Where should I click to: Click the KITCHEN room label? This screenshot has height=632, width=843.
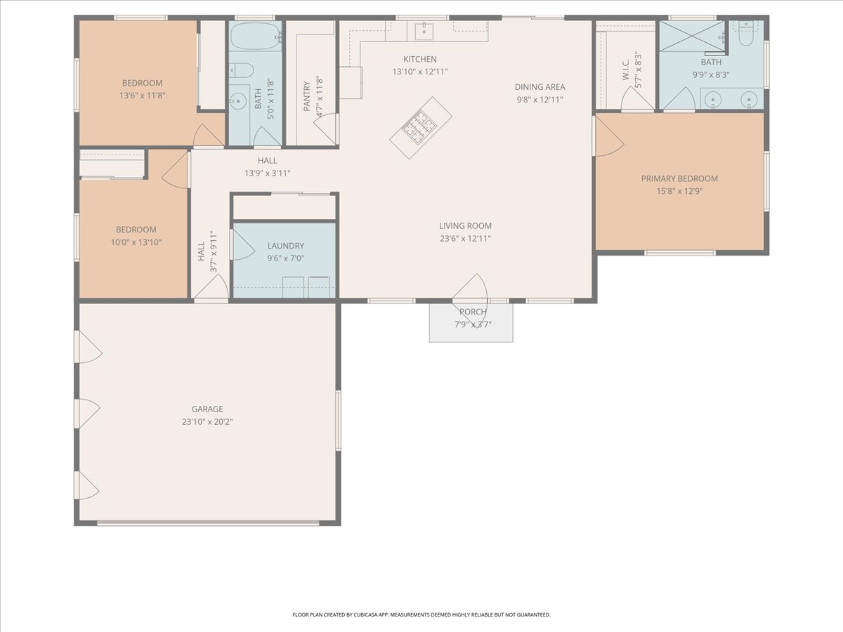pos(420,59)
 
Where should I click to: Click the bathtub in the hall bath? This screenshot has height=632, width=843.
pos(256,36)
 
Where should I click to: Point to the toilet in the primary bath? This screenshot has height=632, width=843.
pos(745,34)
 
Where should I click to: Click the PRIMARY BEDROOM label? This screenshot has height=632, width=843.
pos(679,178)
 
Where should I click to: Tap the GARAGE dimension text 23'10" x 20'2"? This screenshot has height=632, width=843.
pos(207,422)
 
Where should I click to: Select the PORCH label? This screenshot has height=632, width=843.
pos(473,312)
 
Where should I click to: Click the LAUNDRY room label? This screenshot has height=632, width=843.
pos(286,246)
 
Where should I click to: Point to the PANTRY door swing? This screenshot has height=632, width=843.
pos(326,129)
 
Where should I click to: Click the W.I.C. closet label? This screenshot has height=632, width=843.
pos(626,70)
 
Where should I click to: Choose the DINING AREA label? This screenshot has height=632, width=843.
pos(540,87)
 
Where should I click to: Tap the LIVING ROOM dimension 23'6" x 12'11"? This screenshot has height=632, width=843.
pos(466,238)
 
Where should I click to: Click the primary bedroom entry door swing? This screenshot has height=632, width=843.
pos(609,136)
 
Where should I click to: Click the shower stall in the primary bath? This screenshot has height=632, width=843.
pos(692,36)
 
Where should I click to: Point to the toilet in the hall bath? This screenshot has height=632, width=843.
pos(242,70)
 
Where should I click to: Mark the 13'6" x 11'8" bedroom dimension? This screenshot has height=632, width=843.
pos(142,96)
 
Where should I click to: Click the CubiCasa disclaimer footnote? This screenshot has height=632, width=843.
pos(421,614)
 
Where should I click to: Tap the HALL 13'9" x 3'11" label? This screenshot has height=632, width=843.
pos(268,166)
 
